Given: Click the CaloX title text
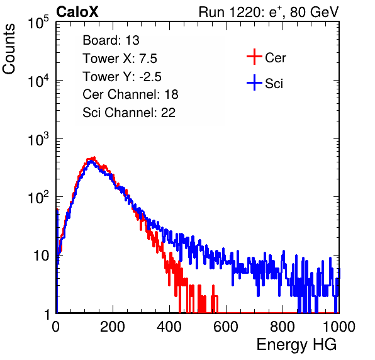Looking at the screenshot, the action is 77,12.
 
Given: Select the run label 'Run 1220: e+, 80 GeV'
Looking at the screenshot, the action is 269,12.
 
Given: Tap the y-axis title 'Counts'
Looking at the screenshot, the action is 9,49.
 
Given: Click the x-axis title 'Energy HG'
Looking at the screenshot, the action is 296,345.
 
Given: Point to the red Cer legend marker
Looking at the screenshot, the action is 254,57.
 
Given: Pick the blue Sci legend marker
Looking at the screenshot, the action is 254,83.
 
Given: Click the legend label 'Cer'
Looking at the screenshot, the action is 275,58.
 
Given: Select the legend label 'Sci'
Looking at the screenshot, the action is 274,84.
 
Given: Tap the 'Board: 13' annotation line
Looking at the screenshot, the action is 111,40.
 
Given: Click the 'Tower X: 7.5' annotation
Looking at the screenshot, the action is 120,59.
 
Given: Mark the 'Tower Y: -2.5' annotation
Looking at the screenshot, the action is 122,77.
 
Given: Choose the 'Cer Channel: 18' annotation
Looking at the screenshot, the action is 130,94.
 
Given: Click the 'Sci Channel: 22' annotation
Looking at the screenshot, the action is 129,113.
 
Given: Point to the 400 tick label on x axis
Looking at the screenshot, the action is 169,327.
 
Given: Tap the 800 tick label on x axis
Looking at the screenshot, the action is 283,327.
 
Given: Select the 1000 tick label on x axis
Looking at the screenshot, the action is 339,327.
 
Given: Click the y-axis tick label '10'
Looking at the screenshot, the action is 41,256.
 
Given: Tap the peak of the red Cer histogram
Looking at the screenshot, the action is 94,157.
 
